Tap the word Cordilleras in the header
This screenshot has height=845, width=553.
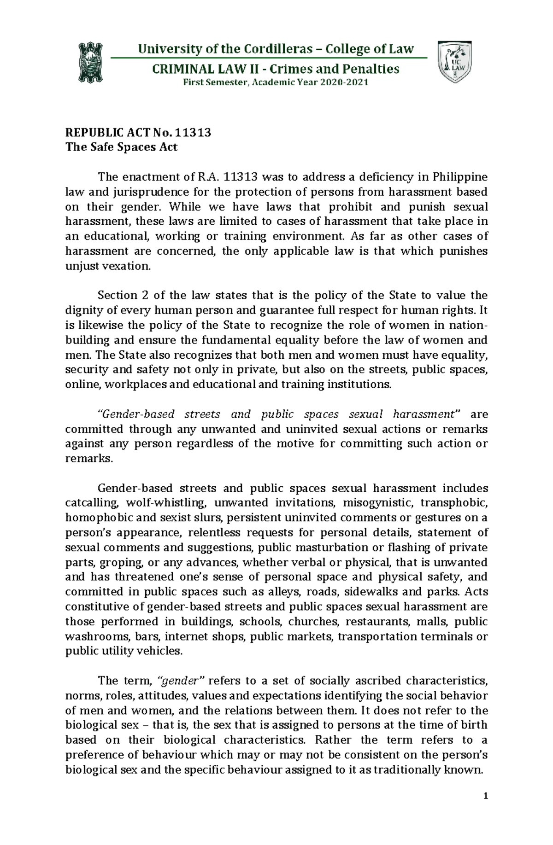271,49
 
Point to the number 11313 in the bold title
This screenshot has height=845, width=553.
194,133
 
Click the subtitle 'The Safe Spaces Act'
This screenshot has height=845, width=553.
121,147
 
